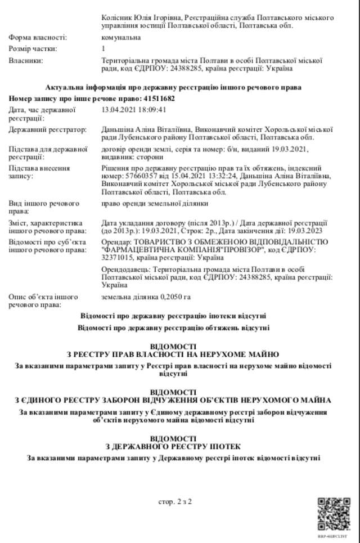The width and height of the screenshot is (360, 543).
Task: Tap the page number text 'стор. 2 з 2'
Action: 175,501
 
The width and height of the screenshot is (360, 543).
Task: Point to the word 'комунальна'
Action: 121,37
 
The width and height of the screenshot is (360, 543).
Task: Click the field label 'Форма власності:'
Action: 37,37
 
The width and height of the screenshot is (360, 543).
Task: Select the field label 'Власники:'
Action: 26,60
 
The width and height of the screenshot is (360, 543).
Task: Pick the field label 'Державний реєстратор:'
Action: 47,130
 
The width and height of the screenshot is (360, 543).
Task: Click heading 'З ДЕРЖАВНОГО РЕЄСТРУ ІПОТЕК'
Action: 174,446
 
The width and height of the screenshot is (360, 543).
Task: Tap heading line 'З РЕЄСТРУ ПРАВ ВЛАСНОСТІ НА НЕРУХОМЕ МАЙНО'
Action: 173,354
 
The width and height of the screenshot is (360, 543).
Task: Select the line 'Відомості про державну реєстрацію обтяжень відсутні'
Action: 173,327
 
